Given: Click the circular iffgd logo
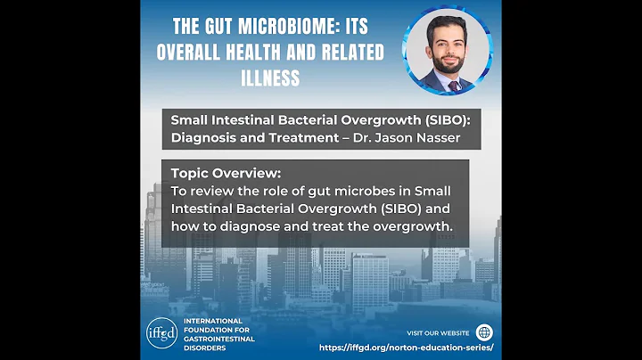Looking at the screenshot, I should [161, 331].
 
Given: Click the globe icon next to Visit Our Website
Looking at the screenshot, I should [485, 332].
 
